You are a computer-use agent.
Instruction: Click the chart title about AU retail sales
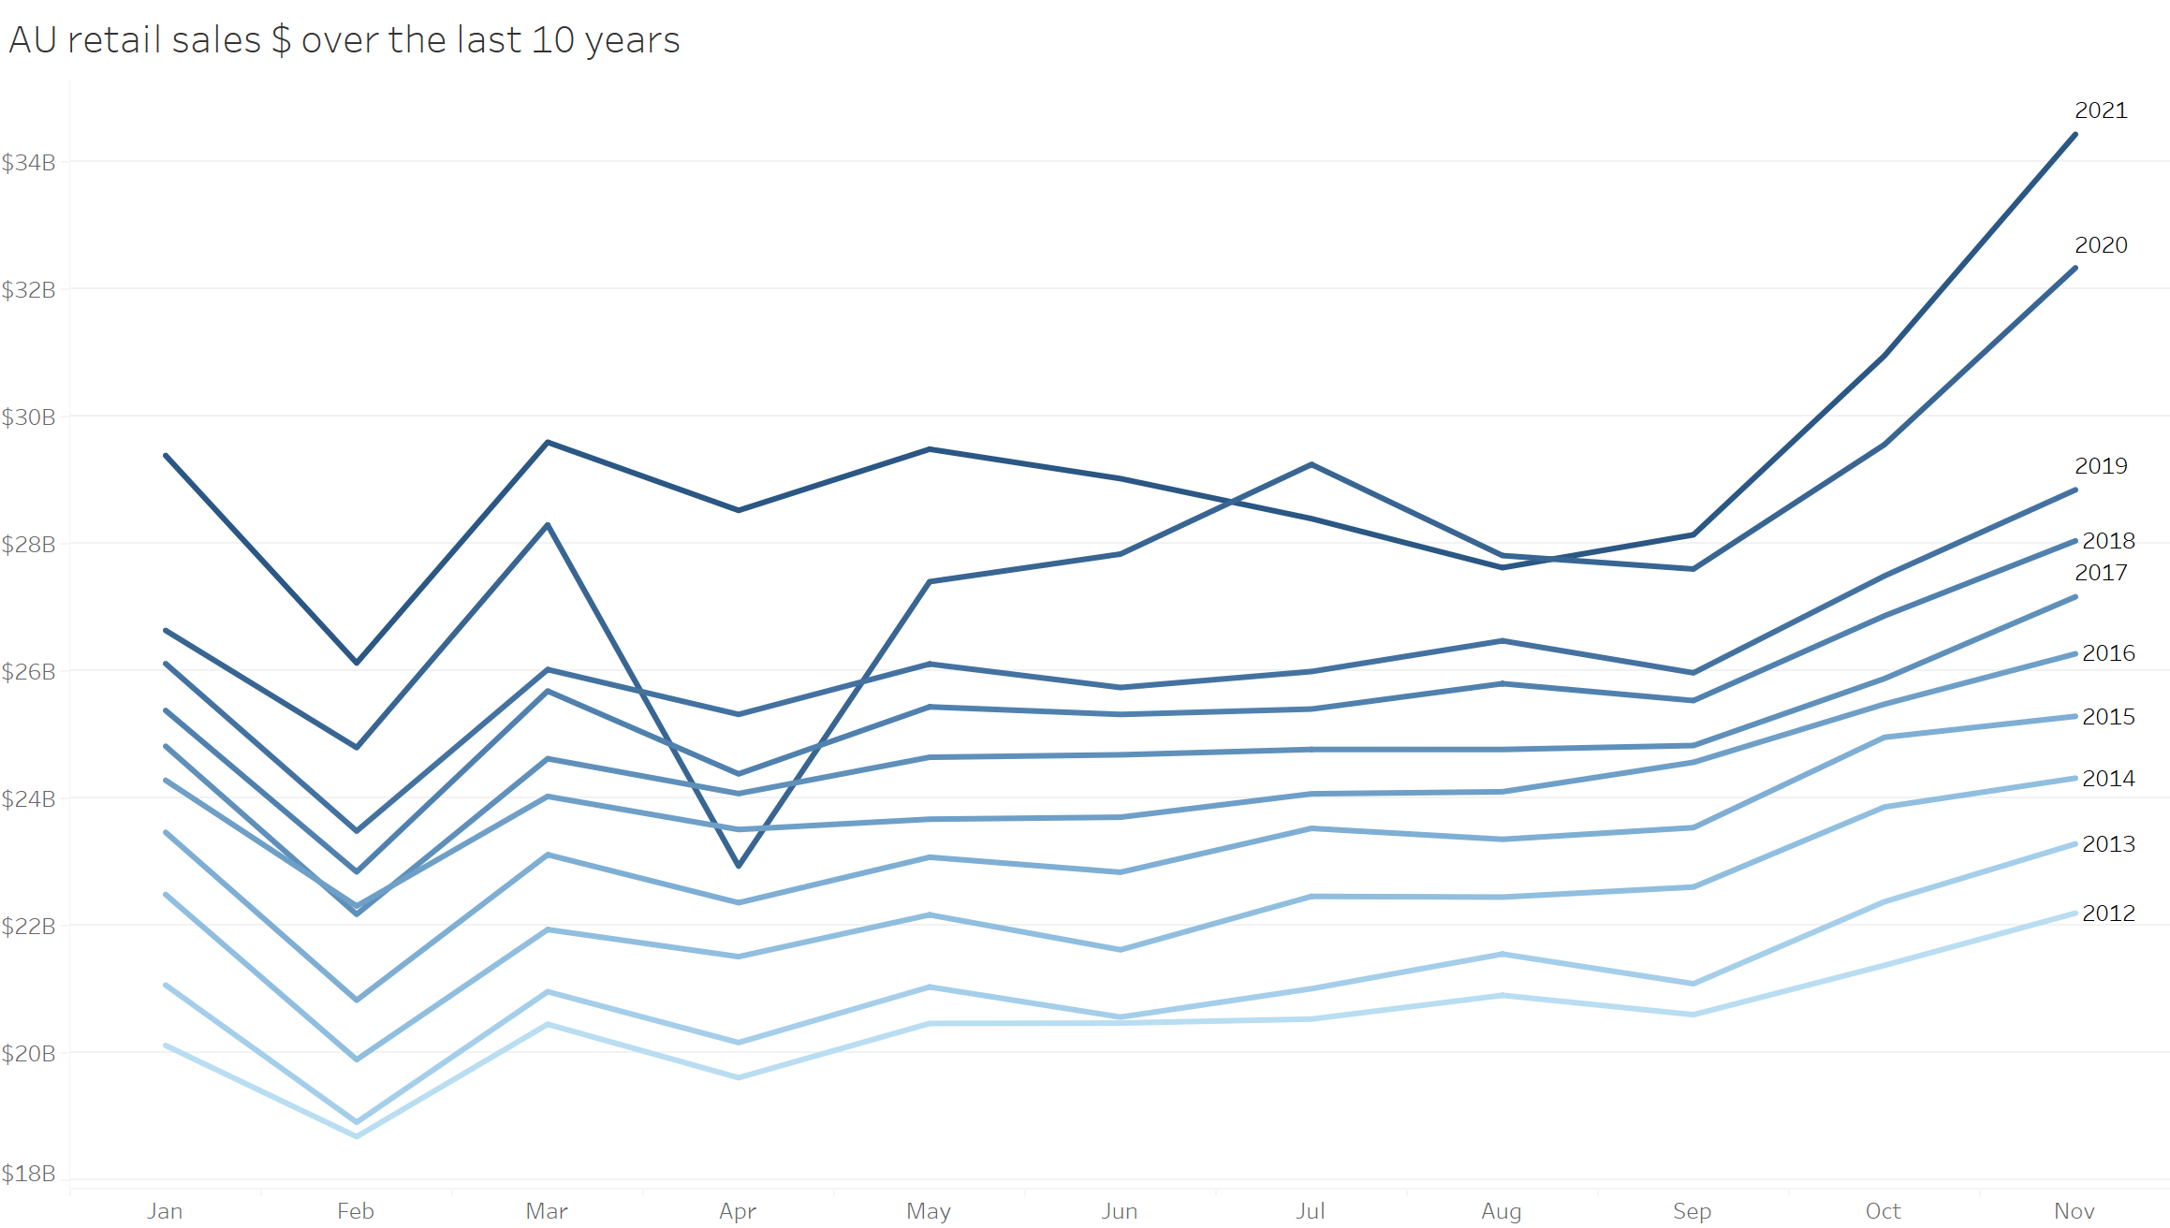(x=344, y=40)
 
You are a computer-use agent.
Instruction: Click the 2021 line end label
(x=2101, y=110)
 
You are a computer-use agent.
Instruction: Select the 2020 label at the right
(x=2101, y=245)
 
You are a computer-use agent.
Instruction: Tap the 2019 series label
(x=2101, y=466)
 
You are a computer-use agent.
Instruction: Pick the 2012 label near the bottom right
(x=2108, y=914)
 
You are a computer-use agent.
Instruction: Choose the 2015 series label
(x=2108, y=717)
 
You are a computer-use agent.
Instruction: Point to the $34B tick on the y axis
(x=28, y=163)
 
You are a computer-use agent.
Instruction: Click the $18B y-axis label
(x=28, y=1174)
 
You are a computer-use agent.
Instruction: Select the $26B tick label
(x=28, y=672)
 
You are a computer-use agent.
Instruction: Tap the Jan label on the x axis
(x=165, y=1211)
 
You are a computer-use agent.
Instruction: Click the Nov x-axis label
(x=2074, y=1211)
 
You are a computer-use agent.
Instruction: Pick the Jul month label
(x=1311, y=1211)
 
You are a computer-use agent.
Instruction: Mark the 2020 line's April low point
(x=739, y=866)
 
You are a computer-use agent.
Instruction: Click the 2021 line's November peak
(x=2075, y=135)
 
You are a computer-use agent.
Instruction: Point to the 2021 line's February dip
(x=357, y=663)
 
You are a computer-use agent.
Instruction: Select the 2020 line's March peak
(x=548, y=525)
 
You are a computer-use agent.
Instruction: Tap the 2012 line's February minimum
(x=357, y=1136)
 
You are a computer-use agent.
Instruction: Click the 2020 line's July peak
(x=1312, y=464)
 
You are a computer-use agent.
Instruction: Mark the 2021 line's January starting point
(x=166, y=456)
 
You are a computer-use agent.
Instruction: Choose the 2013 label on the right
(x=2108, y=844)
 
